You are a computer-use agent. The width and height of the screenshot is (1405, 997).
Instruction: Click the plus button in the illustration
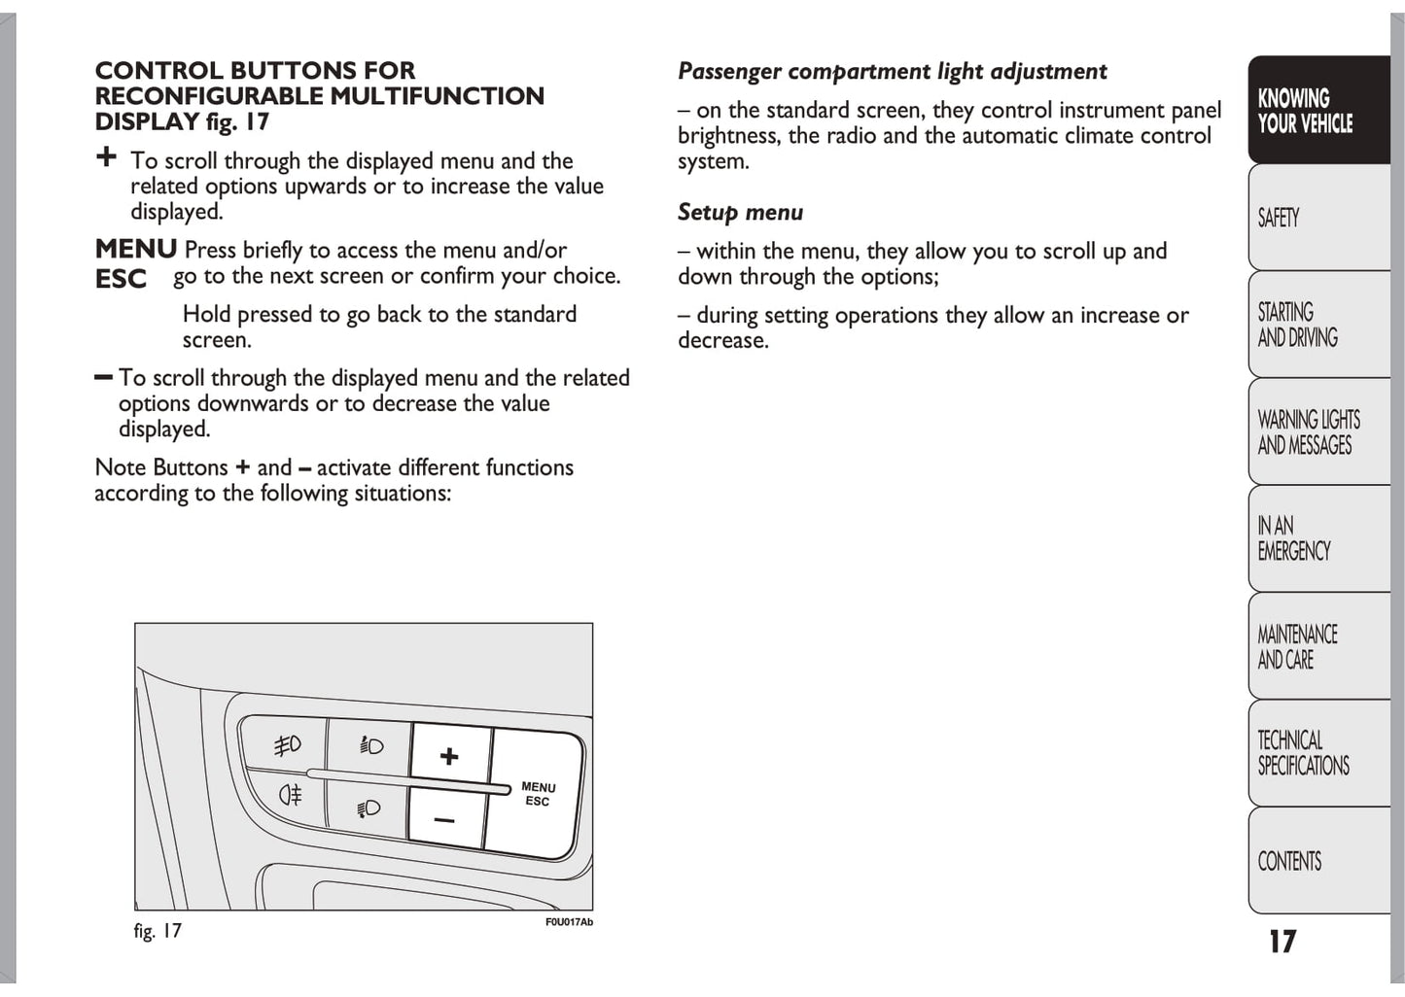tap(448, 756)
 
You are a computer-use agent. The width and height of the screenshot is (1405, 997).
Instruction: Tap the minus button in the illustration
tap(444, 820)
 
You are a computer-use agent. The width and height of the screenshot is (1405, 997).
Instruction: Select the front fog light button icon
tap(287, 745)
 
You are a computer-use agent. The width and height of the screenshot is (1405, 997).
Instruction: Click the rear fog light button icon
tap(291, 795)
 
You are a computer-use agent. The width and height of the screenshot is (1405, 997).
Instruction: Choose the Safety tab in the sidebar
tap(1317, 218)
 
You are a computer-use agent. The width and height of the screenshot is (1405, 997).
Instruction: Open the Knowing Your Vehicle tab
tap(1317, 111)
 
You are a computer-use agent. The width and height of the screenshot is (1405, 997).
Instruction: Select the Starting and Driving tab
tap(1317, 325)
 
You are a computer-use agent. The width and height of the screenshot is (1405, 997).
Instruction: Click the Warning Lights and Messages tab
tap(1317, 432)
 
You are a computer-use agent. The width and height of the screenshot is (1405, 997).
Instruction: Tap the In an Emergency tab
tap(1317, 538)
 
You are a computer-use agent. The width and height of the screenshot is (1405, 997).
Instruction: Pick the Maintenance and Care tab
tap(1317, 646)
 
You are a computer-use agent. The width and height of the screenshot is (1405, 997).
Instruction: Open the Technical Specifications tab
tap(1317, 753)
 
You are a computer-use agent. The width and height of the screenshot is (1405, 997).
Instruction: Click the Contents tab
tap(1317, 861)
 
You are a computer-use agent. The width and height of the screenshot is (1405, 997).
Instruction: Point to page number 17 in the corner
tap(1282, 941)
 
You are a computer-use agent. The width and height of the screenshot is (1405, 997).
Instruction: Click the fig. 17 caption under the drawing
tap(158, 931)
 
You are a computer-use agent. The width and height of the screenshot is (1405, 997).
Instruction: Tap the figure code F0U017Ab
tap(569, 922)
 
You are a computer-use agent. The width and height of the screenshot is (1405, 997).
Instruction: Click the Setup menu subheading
tap(740, 212)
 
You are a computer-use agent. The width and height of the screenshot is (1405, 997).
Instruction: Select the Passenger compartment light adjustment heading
tap(892, 71)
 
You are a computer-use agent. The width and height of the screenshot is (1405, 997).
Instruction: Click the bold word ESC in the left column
tap(121, 279)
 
